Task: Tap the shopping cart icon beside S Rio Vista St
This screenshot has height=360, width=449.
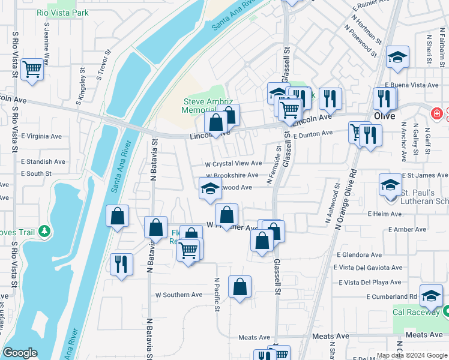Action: [31, 69]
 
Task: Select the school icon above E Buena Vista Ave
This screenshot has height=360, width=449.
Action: [397, 57]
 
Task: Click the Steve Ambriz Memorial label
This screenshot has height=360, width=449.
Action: [203, 106]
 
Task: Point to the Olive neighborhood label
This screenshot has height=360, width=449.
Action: [384, 116]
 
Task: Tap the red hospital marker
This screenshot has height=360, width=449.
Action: [438, 112]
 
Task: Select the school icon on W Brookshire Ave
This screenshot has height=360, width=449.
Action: [210, 188]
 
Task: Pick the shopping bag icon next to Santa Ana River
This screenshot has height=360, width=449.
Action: [118, 216]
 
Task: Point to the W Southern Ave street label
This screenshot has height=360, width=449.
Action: [179, 295]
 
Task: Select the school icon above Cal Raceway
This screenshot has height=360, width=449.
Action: [431, 295]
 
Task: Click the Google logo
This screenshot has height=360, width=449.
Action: [20, 353]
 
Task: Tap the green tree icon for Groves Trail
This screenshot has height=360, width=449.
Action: [43, 231]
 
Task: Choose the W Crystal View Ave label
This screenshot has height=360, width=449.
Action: [234, 163]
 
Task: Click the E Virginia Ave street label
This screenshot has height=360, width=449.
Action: [41, 136]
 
